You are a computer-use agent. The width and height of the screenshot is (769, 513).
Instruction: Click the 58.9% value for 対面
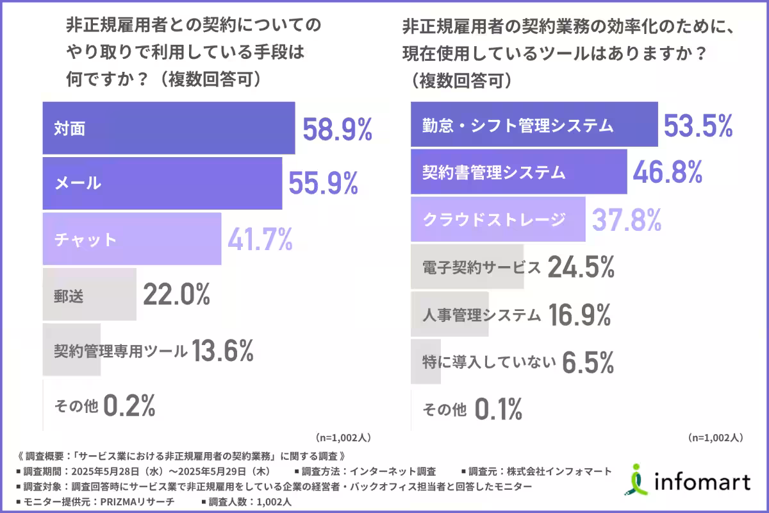[x=337, y=129]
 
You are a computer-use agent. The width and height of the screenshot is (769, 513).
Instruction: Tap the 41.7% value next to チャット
[x=260, y=240]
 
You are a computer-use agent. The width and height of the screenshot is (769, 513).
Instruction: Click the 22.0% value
[x=176, y=296]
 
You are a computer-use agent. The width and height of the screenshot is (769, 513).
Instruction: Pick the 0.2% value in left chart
[x=129, y=406]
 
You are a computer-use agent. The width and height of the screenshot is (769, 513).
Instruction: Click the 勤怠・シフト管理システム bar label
[x=518, y=125]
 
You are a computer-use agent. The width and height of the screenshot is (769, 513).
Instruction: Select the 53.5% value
[x=697, y=126]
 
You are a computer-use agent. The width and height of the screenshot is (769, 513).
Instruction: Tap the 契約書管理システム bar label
[x=494, y=172]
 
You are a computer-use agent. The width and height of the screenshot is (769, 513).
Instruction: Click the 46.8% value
[x=668, y=172]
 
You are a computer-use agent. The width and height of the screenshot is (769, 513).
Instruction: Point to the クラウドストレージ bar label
[x=494, y=219]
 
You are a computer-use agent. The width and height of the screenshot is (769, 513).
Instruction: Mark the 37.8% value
[x=625, y=220]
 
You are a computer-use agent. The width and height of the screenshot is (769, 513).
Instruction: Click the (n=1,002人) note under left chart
[x=343, y=437]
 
